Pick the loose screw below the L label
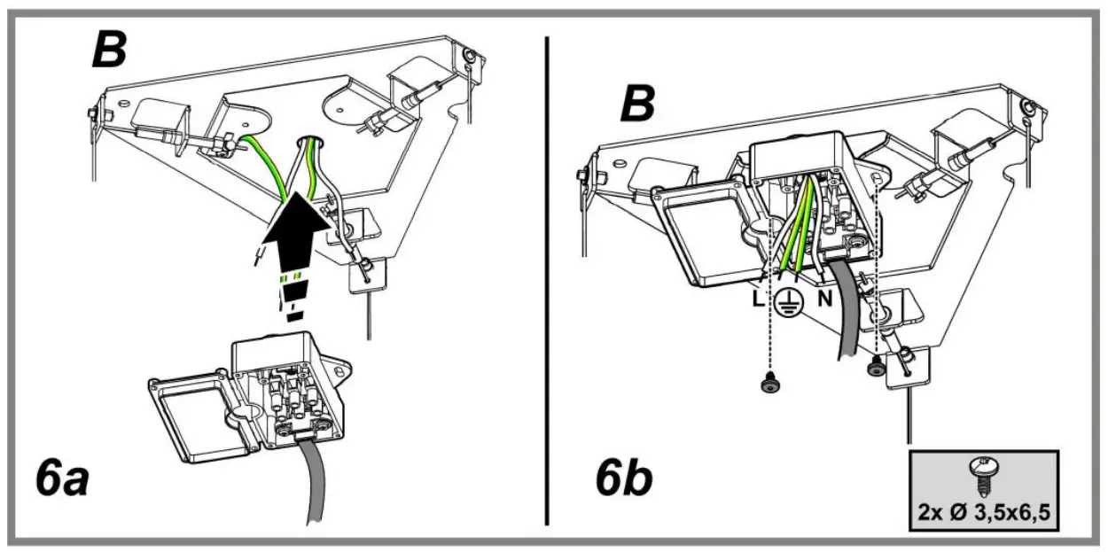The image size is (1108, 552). click(769, 384)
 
